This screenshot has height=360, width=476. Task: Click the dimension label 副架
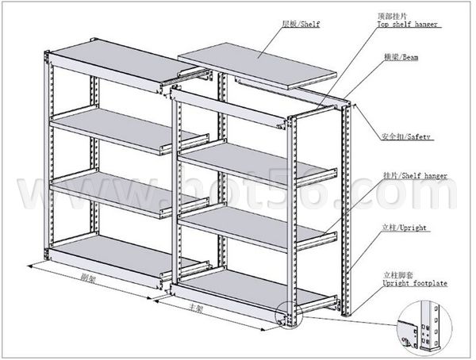(x=90, y=278)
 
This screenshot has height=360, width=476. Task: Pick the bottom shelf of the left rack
(x=103, y=259)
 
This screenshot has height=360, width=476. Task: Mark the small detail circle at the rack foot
(x=286, y=316)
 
